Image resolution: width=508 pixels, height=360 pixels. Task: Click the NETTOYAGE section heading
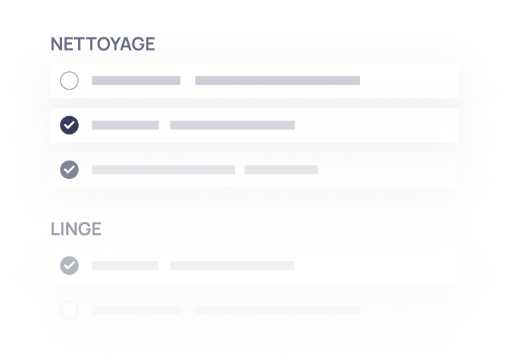(x=103, y=44)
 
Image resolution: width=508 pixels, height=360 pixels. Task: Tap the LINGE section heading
(x=76, y=229)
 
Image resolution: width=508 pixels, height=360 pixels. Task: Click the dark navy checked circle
(x=69, y=125)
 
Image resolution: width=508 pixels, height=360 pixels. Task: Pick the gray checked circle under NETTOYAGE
(x=69, y=170)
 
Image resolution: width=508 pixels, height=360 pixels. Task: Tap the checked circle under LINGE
(x=69, y=266)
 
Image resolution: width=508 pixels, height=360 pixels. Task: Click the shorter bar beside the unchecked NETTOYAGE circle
(x=136, y=81)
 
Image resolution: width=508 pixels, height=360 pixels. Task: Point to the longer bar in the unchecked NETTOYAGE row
(x=278, y=81)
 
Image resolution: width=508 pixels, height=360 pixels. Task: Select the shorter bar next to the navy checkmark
(x=125, y=125)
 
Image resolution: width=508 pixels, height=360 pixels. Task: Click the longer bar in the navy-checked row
(x=233, y=125)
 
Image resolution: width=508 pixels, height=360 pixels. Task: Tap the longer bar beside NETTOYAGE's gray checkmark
(x=163, y=170)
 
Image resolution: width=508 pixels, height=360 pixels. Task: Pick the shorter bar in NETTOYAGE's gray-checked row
(x=281, y=170)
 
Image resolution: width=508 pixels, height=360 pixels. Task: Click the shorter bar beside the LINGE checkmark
(x=125, y=266)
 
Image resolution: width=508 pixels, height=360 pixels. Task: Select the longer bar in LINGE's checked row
(x=233, y=266)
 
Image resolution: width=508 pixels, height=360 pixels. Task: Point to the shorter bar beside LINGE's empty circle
(x=136, y=310)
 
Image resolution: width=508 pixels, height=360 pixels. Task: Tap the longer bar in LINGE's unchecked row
(x=278, y=310)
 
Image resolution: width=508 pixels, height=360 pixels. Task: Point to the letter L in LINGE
(x=55, y=229)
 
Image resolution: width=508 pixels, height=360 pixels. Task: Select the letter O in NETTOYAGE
(x=104, y=44)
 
